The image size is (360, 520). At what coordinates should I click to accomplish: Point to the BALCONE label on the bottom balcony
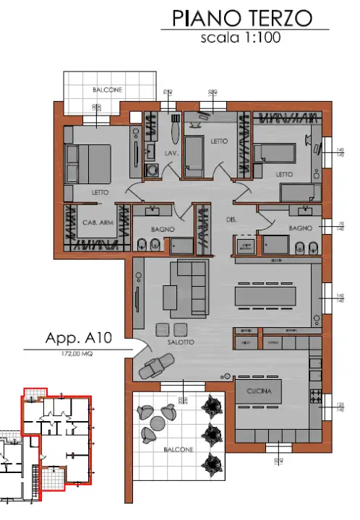178,449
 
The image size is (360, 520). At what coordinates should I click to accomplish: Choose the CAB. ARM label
97,222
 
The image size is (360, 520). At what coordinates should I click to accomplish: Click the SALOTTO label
180,342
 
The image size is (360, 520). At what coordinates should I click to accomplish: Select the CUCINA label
258,391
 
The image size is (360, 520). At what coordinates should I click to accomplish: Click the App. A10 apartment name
74,338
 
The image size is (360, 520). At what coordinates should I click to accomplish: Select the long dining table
265,296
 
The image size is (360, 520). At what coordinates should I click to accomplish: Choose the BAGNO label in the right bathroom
299,227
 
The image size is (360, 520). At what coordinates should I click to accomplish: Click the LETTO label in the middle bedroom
219,142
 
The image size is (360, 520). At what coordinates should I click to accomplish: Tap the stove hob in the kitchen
316,396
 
